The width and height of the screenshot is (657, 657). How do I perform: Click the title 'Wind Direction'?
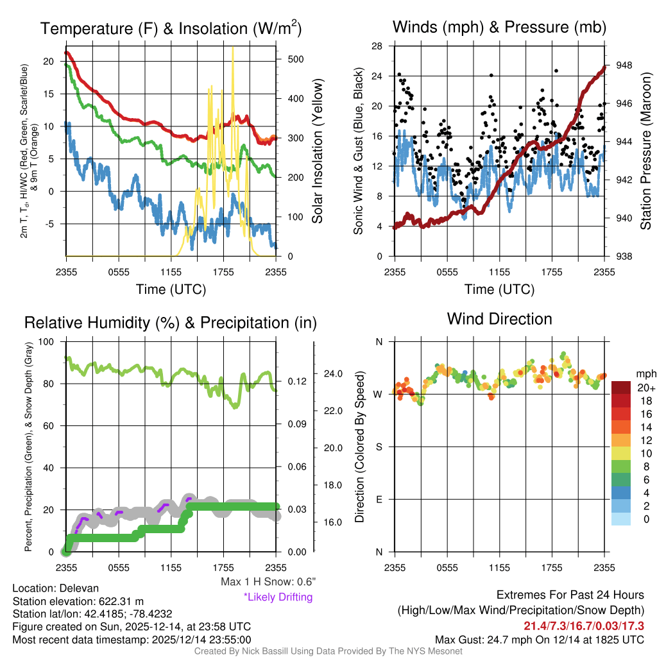499,319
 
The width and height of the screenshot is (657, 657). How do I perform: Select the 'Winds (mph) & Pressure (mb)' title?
499,27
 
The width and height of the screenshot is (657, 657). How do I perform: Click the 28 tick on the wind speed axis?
377,46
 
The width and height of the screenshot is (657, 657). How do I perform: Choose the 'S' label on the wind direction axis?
379,447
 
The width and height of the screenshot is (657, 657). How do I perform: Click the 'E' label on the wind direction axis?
379,499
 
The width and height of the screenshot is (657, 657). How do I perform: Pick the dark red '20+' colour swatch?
622,388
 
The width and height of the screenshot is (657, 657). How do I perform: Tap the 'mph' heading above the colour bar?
644,373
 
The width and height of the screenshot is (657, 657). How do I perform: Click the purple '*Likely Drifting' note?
278,597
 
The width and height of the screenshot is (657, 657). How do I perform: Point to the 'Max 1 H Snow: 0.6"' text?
268,582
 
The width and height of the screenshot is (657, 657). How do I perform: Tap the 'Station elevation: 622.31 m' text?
78,601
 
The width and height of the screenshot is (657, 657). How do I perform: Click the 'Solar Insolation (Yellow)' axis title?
318,151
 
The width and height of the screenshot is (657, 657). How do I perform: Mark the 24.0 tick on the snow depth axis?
334,373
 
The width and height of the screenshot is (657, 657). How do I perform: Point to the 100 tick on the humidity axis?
46,341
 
